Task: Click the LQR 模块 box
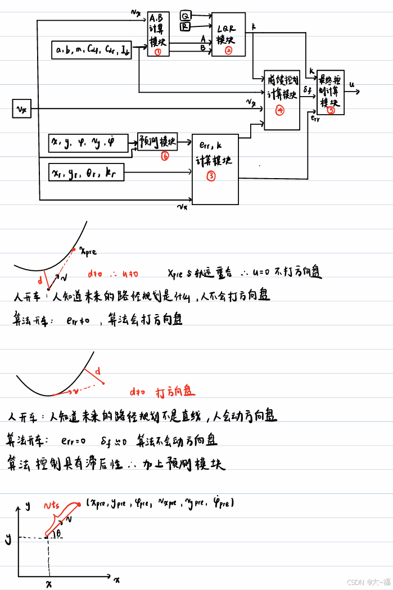coord(228,34)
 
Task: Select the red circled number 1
coord(158,52)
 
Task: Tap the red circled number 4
coord(279,111)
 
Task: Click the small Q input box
coord(185,15)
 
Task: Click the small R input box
coord(185,25)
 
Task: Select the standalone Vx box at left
coord(21,108)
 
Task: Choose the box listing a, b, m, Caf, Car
coord(92,50)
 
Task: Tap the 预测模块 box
coord(157,141)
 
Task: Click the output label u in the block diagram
coord(352,85)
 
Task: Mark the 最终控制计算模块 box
coord(331,92)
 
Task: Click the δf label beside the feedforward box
coord(307,90)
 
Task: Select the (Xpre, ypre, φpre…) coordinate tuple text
coord(161,502)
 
